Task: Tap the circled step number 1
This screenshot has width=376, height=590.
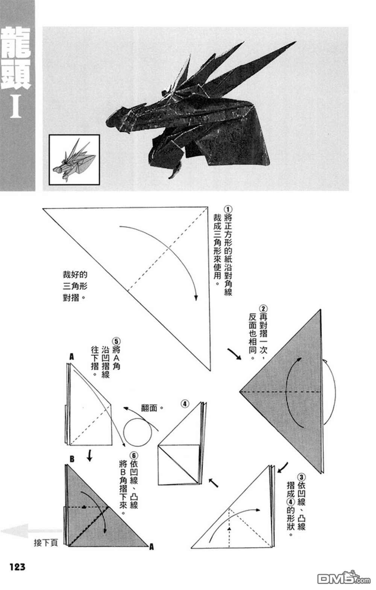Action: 228,209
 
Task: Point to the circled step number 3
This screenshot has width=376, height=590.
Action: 301,477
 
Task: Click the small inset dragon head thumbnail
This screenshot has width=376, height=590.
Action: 74,159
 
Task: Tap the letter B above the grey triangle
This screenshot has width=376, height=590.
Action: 72,459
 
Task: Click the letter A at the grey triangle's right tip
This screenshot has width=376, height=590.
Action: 151,547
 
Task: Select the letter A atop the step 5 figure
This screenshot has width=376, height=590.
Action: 71,356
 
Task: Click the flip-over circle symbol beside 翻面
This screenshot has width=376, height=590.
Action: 138,432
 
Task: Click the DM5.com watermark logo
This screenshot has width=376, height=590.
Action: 338,577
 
